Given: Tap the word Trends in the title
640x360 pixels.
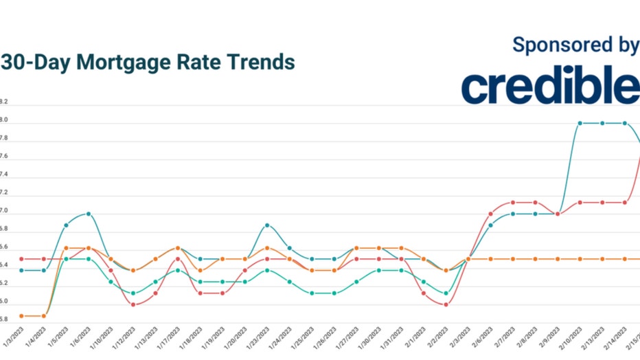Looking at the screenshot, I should [x=262, y=63].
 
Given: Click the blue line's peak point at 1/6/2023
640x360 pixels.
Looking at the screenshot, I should [x=89, y=214].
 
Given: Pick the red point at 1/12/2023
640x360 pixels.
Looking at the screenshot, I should [x=133, y=304].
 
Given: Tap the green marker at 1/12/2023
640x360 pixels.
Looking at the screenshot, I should [x=133, y=293].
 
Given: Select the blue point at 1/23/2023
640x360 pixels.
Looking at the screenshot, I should [x=267, y=225].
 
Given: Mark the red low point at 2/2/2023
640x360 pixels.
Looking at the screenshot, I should [x=446, y=304].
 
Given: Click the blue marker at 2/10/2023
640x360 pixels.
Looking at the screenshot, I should [x=580, y=123].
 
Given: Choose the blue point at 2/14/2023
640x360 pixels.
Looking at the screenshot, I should [x=625, y=123].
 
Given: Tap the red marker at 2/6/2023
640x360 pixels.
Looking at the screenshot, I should [x=490, y=214].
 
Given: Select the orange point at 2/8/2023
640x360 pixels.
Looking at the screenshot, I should [x=535, y=259].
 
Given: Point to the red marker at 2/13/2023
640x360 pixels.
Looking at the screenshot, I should [x=602, y=203].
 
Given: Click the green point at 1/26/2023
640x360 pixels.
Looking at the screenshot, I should [x=334, y=293].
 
